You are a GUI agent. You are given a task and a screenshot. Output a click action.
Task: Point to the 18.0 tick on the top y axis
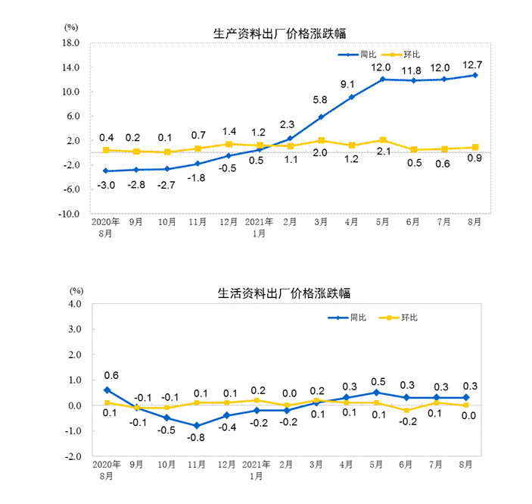[x=71, y=43]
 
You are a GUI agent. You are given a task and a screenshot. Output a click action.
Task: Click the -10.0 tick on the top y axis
[x=69, y=214]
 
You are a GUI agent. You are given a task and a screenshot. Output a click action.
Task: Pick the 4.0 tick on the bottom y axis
[x=74, y=303]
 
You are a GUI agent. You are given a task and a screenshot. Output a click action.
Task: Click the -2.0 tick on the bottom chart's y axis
[x=72, y=456]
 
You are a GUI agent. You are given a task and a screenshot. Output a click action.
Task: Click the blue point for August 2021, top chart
[x=475, y=75]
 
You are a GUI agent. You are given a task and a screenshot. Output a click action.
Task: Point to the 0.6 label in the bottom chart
[x=111, y=375]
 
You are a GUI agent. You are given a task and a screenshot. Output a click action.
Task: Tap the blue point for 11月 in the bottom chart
[x=197, y=425]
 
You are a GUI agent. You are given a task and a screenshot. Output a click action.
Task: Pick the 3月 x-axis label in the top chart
[x=320, y=223]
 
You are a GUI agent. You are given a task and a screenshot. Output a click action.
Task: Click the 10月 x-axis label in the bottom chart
[x=166, y=465]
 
